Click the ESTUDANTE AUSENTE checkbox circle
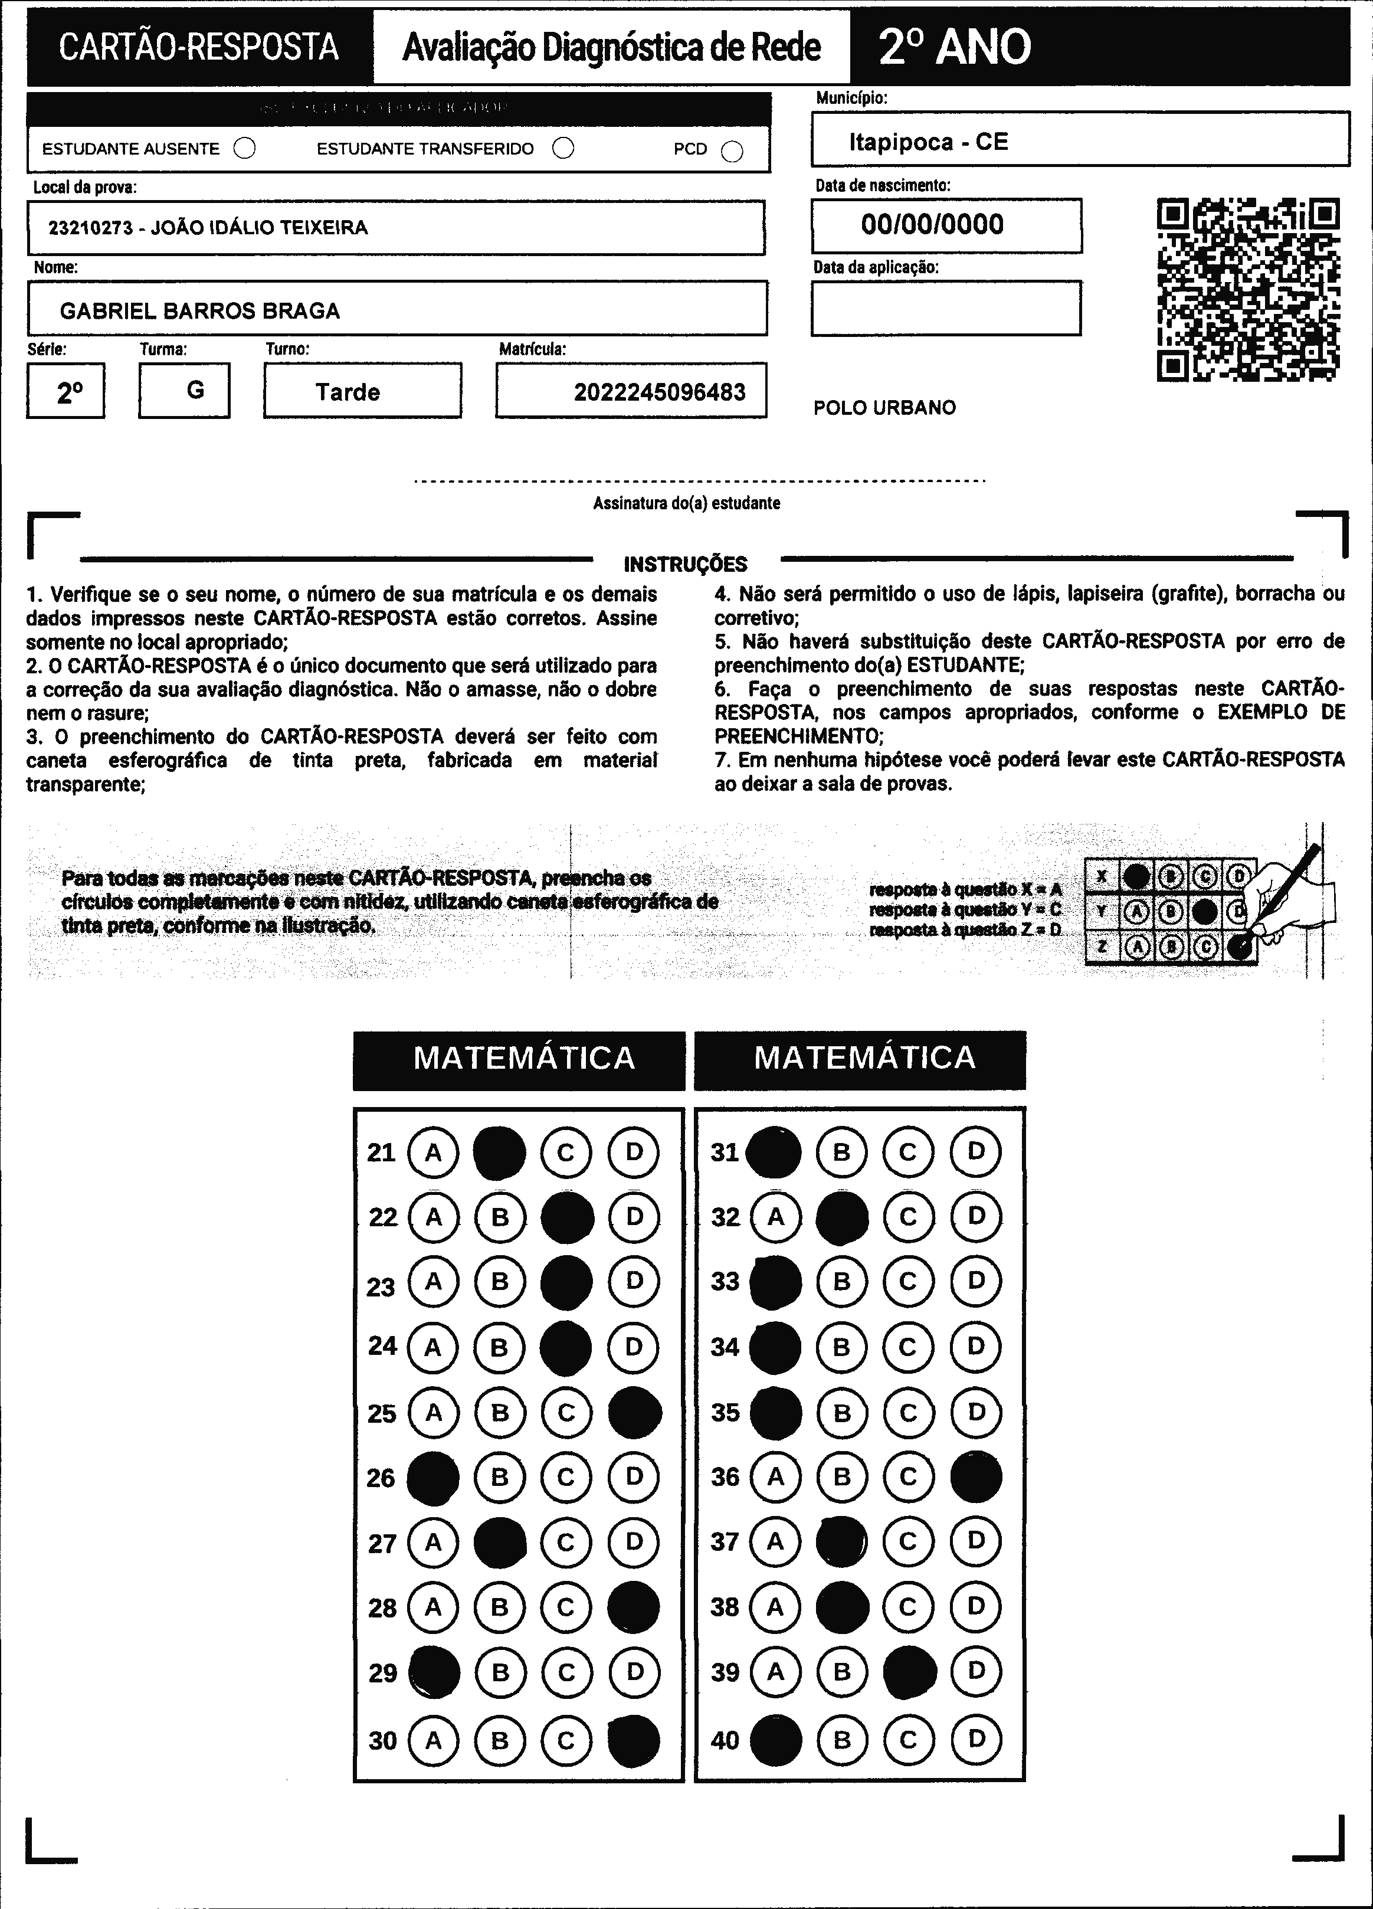pyautogui.click(x=245, y=149)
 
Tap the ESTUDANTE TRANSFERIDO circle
pyautogui.click(x=563, y=148)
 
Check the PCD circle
pyautogui.click(x=732, y=150)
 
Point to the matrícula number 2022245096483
pyautogui.click(x=659, y=392)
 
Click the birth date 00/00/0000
pyautogui.click(x=932, y=225)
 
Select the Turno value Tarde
pyautogui.click(x=348, y=392)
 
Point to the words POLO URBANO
pyautogui.click(x=884, y=408)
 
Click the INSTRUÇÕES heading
pyautogui.click(x=685, y=564)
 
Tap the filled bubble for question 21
pyautogui.click(x=499, y=1153)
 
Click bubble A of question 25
pyautogui.click(x=434, y=1412)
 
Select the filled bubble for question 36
pyautogui.click(x=976, y=1476)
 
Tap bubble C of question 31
pyautogui.click(x=908, y=1152)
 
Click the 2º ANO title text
pyautogui.click(x=955, y=47)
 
